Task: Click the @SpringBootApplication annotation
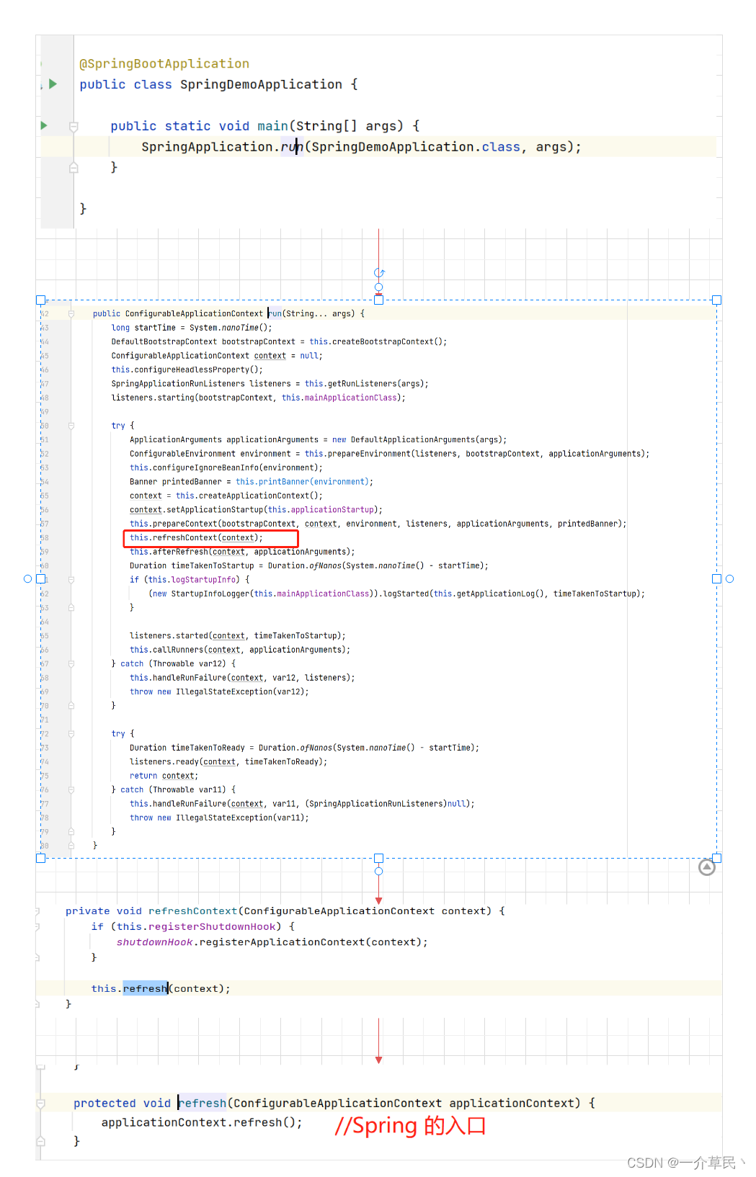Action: pos(164,64)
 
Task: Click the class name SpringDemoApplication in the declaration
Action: pos(261,85)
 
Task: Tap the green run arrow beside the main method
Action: pos(44,125)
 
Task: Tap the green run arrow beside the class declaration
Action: pos(53,84)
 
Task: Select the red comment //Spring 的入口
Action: pos(410,1126)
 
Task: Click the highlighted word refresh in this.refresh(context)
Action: pos(145,988)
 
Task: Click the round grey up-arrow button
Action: pos(707,867)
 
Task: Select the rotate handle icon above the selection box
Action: pos(379,273)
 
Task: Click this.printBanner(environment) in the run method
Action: pos(303,482)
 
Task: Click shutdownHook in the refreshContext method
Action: pos(155,942)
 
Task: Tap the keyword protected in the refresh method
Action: pos(104,1103)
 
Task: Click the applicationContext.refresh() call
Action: pos(201,1122)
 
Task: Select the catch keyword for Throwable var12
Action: pos(132,663)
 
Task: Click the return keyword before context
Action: pos(143,776)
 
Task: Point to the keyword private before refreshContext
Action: pos(87,911)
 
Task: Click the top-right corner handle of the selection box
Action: pos(716,300)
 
